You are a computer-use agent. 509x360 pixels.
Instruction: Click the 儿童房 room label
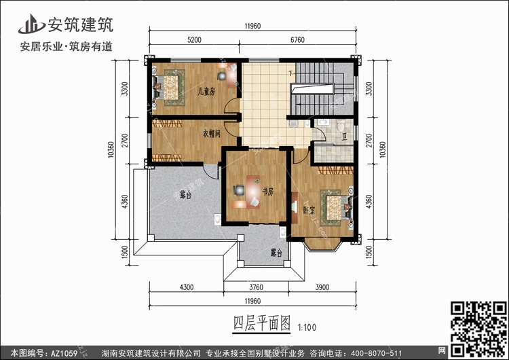(207, 92)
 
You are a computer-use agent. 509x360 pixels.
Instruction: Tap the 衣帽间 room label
(212, 133)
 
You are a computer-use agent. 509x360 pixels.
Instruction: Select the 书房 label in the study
(268, 192)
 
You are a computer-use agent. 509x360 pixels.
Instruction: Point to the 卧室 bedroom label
(309, 211)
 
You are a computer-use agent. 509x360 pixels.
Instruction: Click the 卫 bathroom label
(344, 137)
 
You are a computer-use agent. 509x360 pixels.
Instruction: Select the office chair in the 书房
(239, 190)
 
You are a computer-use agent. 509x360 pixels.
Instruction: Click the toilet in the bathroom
(341, 125)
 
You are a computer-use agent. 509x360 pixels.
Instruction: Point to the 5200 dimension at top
(194, 39)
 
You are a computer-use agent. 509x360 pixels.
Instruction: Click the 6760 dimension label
(297, 39)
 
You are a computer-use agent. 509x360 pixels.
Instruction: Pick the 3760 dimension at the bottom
(256, 287)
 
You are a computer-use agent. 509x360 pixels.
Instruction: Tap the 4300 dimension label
(187, 287)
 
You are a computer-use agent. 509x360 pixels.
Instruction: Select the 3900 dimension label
(322, 287)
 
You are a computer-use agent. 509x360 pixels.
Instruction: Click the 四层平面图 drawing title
(262, 323)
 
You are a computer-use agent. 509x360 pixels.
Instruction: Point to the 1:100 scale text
(307, 327)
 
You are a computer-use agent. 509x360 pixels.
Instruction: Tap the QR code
(478, 329)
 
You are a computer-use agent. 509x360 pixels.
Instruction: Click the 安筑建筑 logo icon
(31, 24)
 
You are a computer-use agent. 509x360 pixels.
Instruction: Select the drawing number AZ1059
(64, 353)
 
